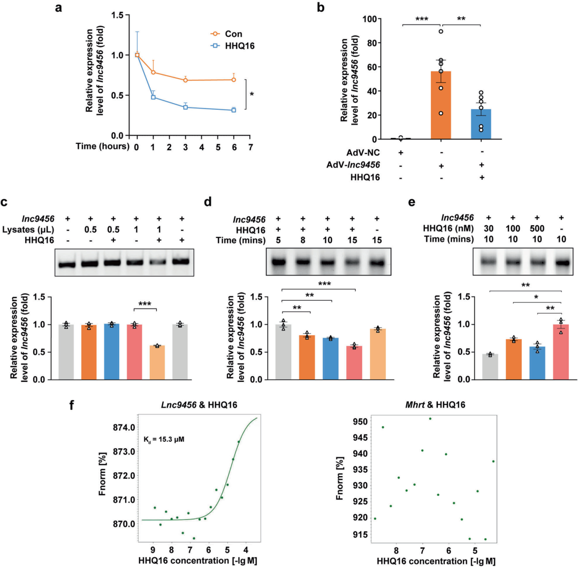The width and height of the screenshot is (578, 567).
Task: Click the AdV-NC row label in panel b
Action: click(375, 153)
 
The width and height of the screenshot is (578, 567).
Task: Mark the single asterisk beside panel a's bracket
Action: click(252, 94)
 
